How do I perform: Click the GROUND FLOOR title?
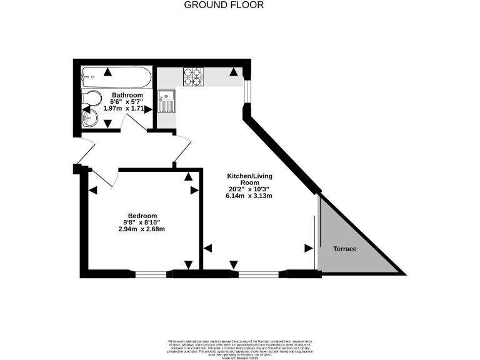pyautogui.click(x=224, y=5)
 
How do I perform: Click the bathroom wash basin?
pyautogui.click(x=89, y=118)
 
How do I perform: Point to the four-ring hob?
pyautogui.click(x=192, y=76)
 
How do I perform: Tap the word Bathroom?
pyautogui.click(x=127, y=95)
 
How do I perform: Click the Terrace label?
pyautogui.click(x=344, y=249)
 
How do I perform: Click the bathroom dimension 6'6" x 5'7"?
pyautogui.click(x=127, y=102)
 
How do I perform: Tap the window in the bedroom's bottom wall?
pyautogui.click(x=151, y=273)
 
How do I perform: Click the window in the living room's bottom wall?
pyautogui.click(x=259, y=273)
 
